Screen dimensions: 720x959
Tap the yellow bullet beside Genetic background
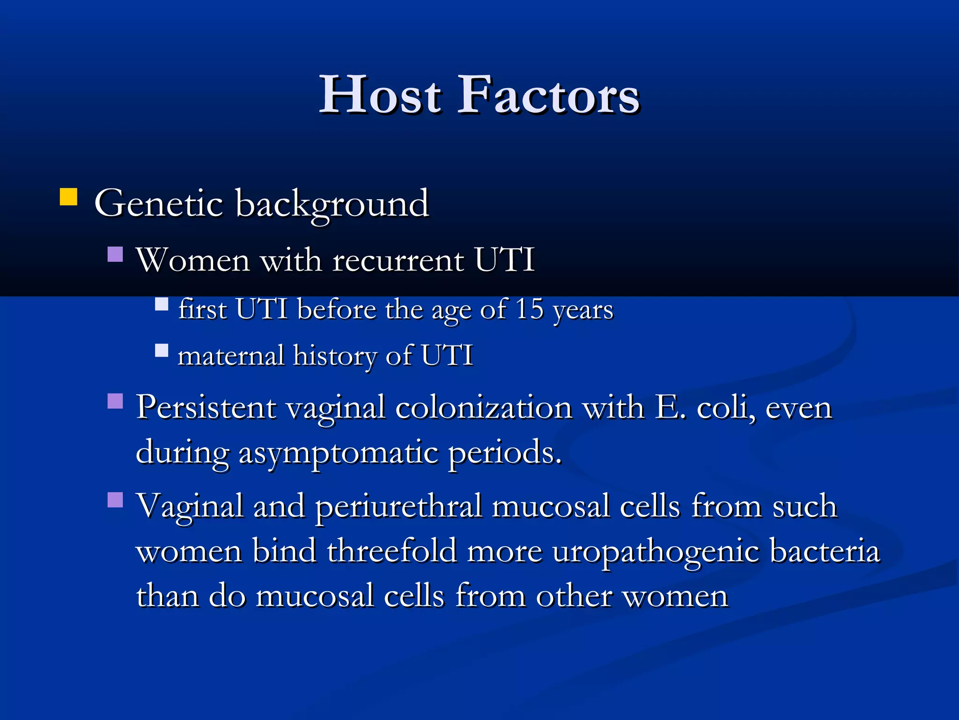click(68, 197)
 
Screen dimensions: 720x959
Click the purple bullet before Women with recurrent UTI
click(115, 254)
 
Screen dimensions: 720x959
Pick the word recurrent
click(398, 260)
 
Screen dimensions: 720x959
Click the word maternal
click(231, 355)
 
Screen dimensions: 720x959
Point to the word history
click(335, 356)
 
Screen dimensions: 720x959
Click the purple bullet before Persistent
click(115, 401)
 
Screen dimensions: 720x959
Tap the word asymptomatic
click(339, 454)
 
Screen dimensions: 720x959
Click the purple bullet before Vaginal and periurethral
click(115, 500)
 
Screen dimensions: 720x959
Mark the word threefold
click(392, 551)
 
